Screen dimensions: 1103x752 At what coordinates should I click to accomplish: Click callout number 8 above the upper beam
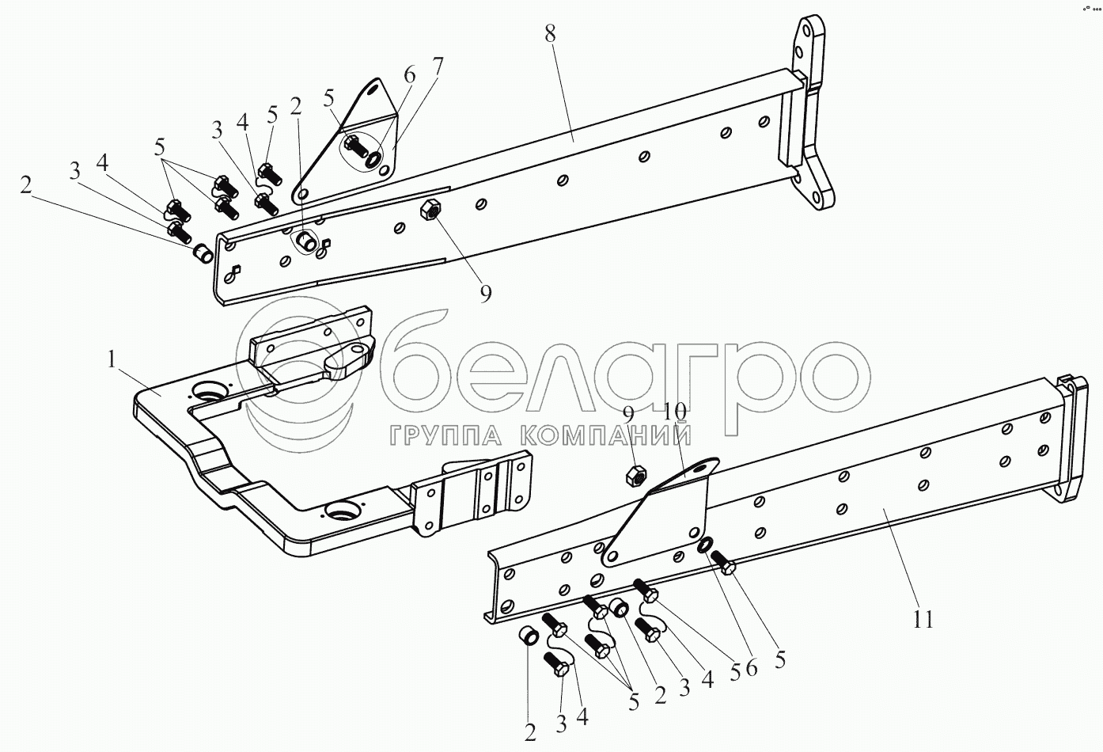coord(551,34)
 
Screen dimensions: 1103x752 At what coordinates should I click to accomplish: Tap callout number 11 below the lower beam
coord(923,618)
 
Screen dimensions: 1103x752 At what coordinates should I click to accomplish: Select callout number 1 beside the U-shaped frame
coord(112,359)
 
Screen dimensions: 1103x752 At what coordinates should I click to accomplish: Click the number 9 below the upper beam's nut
coord(485,294)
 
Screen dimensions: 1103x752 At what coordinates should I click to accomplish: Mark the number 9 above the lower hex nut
coord(628,413)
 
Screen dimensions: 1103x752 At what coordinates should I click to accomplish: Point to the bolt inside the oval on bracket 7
coord(354,146)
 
